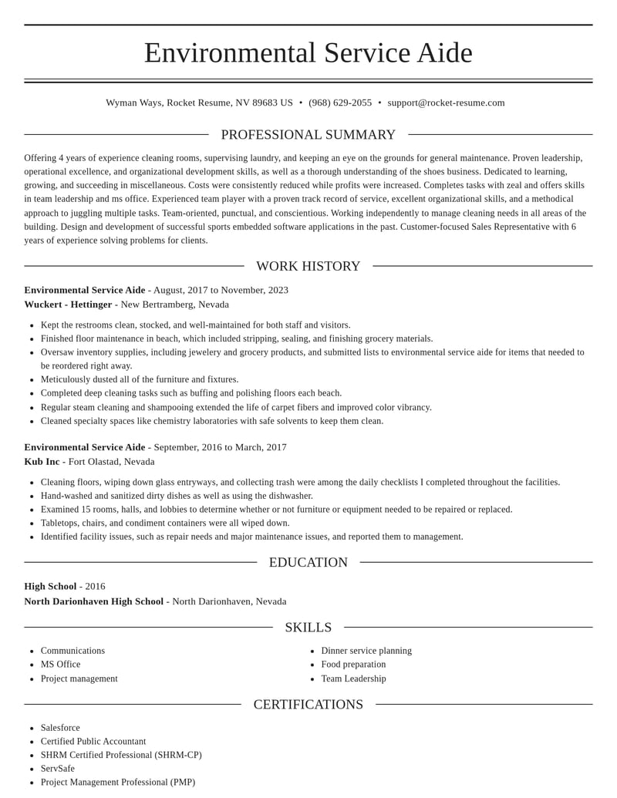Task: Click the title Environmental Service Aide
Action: (x=308, y=52)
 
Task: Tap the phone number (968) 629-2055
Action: (x=340, y=103)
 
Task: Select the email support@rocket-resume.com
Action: (x=446, y=103)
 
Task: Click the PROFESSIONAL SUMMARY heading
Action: (x=308, y=135)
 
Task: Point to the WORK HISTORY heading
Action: (x=308, y=266)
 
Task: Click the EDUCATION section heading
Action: (x=308, y=562)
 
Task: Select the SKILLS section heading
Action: (x=308, y=627)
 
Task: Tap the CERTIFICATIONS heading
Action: (x=308, y=704)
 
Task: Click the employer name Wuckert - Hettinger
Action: (x=68, y=305)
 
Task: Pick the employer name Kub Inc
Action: (x=42, y=462)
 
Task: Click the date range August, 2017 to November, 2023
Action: (x=221, y=290)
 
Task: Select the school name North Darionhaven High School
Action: (x=93, y=601)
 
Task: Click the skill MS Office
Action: (x=60, y=664)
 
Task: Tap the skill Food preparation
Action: (x=353, y=664)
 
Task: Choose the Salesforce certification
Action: (x=60, y=728)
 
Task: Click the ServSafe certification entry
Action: (x=58, y=769)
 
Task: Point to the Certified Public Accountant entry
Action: (x=93, y=742)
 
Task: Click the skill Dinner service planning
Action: (x=366, y=651)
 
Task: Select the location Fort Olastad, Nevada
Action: (x=111, y=462)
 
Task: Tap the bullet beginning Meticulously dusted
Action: (x=140, y=379)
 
